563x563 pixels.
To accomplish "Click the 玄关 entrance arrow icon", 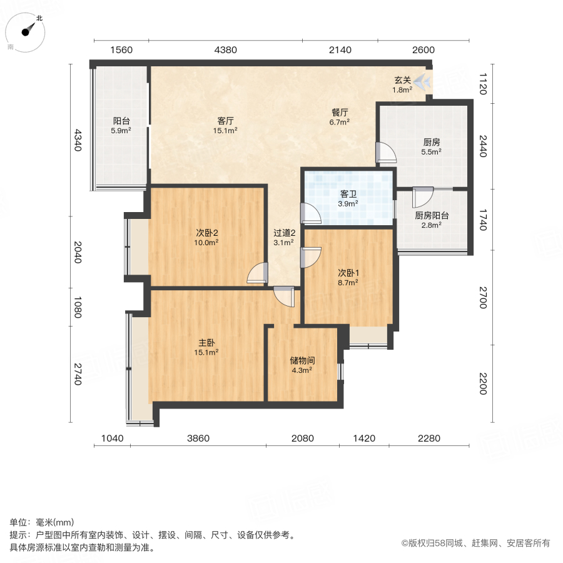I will (424, 81).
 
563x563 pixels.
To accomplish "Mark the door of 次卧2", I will (257, 274).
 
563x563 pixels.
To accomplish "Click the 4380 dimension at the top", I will (225, 50).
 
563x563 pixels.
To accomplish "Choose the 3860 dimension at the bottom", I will (198, 439).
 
